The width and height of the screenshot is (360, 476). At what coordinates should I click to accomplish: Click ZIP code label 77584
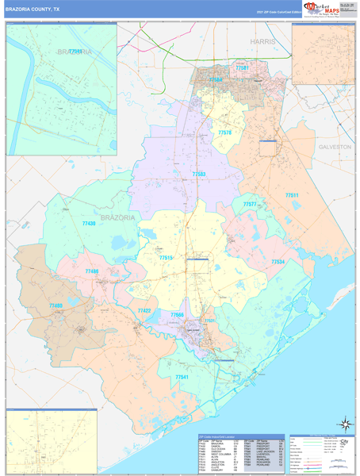tap(215, 80)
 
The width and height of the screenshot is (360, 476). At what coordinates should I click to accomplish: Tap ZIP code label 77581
tap(242, 68)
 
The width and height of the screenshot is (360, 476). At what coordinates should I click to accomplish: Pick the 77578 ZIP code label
tap(225, 132)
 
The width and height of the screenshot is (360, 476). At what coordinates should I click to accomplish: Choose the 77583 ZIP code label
tap(198, 173)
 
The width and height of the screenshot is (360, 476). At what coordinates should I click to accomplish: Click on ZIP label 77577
tap(250, 205)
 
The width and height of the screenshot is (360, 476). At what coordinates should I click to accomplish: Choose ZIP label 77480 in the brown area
tap(55, 305)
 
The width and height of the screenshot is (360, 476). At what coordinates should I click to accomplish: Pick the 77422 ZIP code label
tap(144, 311)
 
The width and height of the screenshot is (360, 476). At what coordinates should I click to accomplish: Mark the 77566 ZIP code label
tap(178, 315)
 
